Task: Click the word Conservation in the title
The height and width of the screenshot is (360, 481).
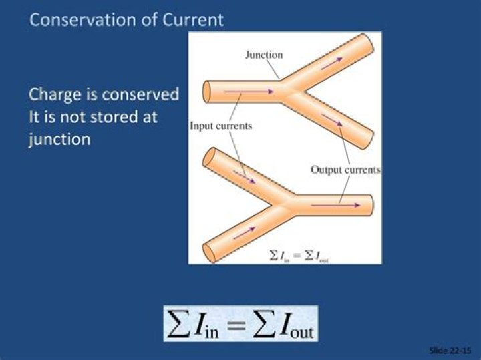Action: click(83, 20)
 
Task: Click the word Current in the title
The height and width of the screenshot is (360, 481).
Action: click(193, 20)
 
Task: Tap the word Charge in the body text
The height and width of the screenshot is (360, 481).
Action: click(55, 95)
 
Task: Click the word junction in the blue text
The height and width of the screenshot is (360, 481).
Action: click(60, 140)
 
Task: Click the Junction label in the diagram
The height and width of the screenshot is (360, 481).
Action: click(264, 55)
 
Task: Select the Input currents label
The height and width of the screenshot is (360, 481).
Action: click(221, 126)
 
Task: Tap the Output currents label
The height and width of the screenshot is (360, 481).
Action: click(345, 170)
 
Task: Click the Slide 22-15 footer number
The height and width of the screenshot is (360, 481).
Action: click(450, 350)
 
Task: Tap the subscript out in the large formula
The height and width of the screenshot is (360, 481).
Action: click(302, 333)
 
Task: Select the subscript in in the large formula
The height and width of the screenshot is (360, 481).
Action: click(212, 333)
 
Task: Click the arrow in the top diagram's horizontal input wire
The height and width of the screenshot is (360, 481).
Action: click(249, 92)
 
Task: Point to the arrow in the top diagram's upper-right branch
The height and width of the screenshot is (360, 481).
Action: click(331, 63)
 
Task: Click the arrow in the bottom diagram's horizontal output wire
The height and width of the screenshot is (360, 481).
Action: click(335, 205)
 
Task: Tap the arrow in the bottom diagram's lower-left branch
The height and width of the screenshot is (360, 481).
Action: click(245, 233)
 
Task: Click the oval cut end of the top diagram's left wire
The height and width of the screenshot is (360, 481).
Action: click(207, 92)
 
